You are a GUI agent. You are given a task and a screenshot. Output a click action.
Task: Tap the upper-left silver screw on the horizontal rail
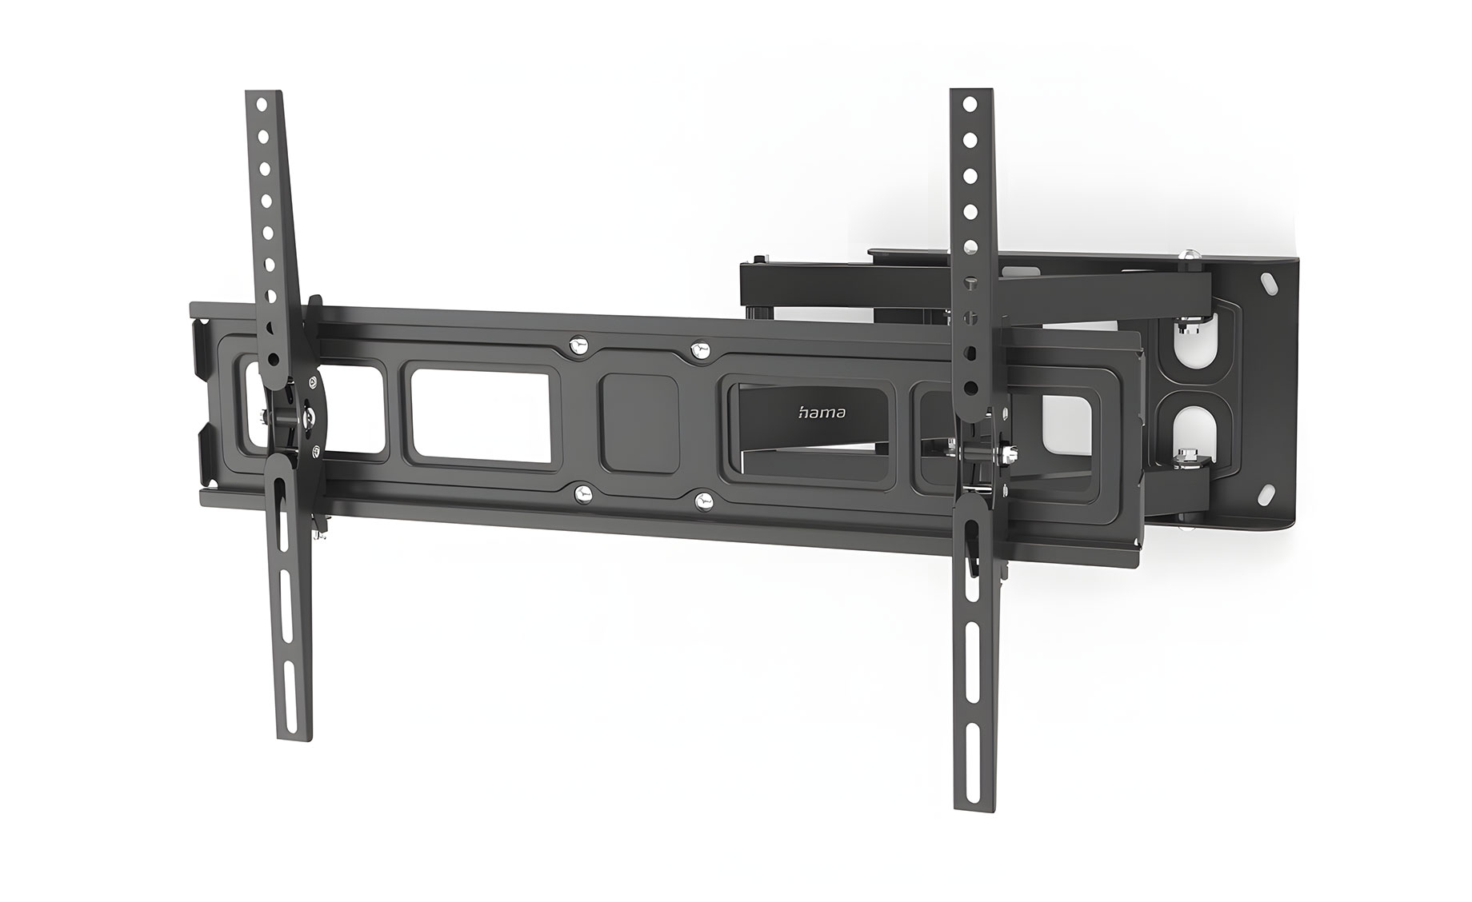tap(577, 345)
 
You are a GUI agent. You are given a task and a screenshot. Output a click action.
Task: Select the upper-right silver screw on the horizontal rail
tap(700, 349)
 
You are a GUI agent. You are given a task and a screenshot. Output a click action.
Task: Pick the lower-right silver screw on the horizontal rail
tap(704, 501)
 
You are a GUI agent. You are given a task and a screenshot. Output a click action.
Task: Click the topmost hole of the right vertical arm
tap(969, 105)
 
